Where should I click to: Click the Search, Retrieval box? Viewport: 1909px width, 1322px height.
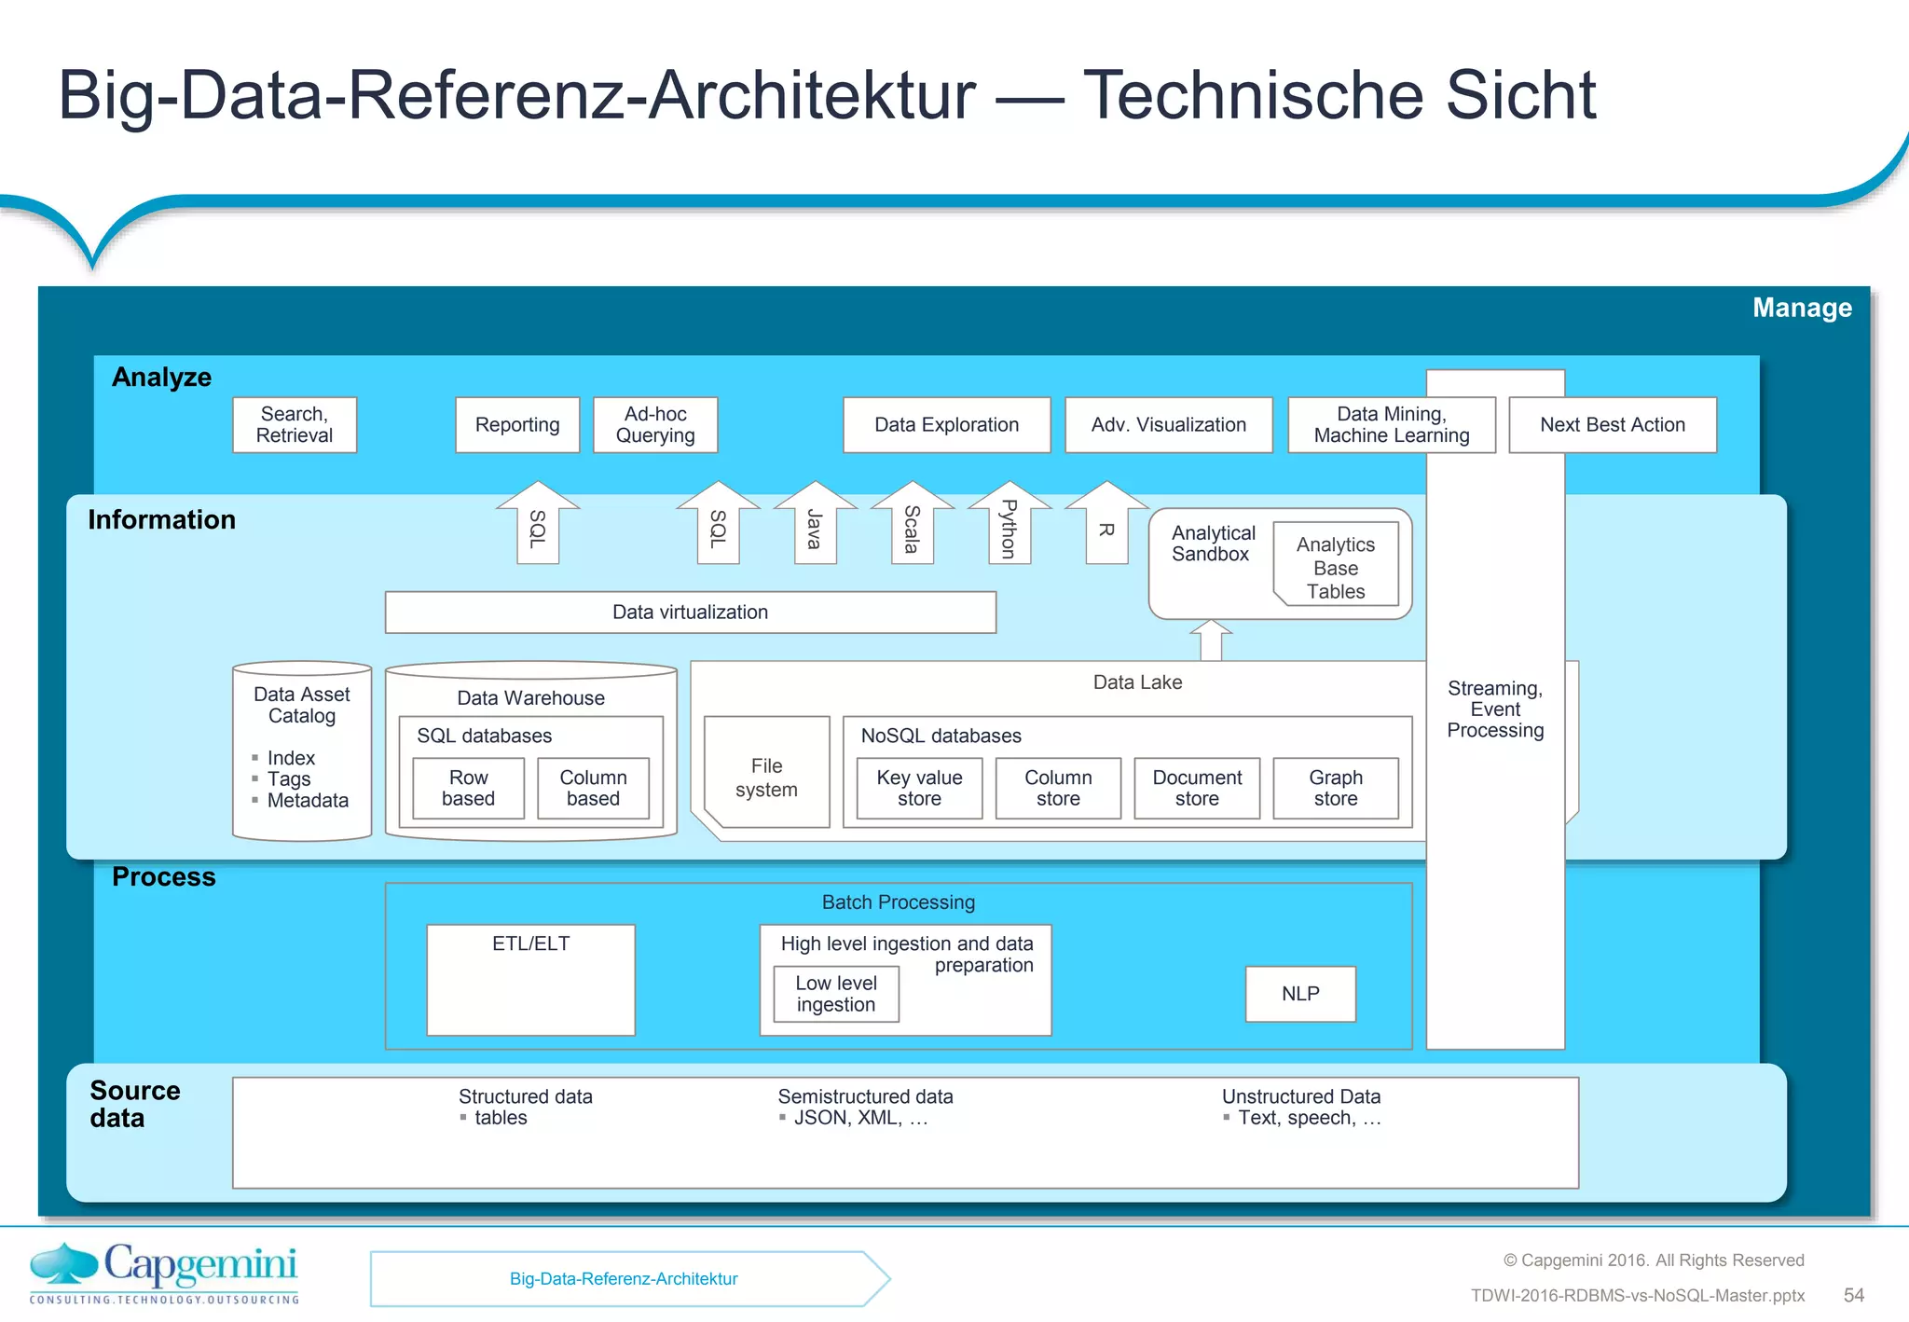(x=295, y=425)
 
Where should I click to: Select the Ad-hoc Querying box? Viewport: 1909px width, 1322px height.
(x=655, y=425)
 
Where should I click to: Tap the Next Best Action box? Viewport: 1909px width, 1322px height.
(x=1613, y=425)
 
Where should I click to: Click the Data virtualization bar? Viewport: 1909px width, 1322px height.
(x=690, y=613)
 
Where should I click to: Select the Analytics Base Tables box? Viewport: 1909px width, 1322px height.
(x=1335, y=568)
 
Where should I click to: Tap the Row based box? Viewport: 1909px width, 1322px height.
(x=468, y=788)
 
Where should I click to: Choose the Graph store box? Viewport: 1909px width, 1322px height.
(x=1335, y=788)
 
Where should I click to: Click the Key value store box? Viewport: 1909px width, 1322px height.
(x=919, y=788)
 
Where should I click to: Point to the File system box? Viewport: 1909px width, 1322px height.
(x=766, y=777)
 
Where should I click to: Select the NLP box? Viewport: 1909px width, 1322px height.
(x=1300, y=994)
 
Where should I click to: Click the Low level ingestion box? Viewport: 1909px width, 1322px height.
(x=836, y=994)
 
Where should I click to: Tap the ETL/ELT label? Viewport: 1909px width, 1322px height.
(x=530, y=943)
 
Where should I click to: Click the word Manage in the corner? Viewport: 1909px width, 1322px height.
(x=1802, y=308)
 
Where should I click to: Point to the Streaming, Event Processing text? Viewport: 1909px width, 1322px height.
(x=1495, y=709)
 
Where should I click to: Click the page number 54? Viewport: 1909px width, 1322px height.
(x=1853, y=1295)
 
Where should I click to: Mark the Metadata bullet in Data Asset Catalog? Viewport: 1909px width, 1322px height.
(x=307, y=801)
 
